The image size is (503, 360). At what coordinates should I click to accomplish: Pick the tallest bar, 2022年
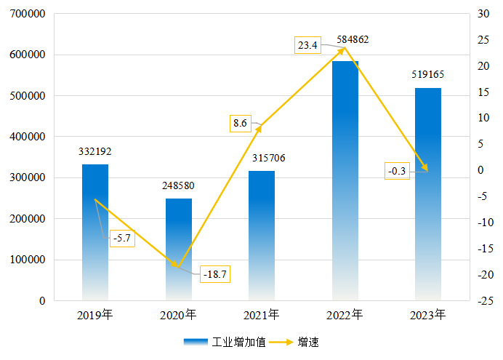(345, 182)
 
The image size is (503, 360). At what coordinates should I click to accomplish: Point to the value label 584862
(353, 40)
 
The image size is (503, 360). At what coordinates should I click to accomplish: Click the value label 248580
(179, 185)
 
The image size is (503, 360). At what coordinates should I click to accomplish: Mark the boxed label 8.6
(241, 124)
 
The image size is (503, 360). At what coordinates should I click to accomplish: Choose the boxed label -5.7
(122, 238)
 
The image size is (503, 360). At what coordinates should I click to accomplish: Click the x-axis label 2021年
(262, 315)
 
